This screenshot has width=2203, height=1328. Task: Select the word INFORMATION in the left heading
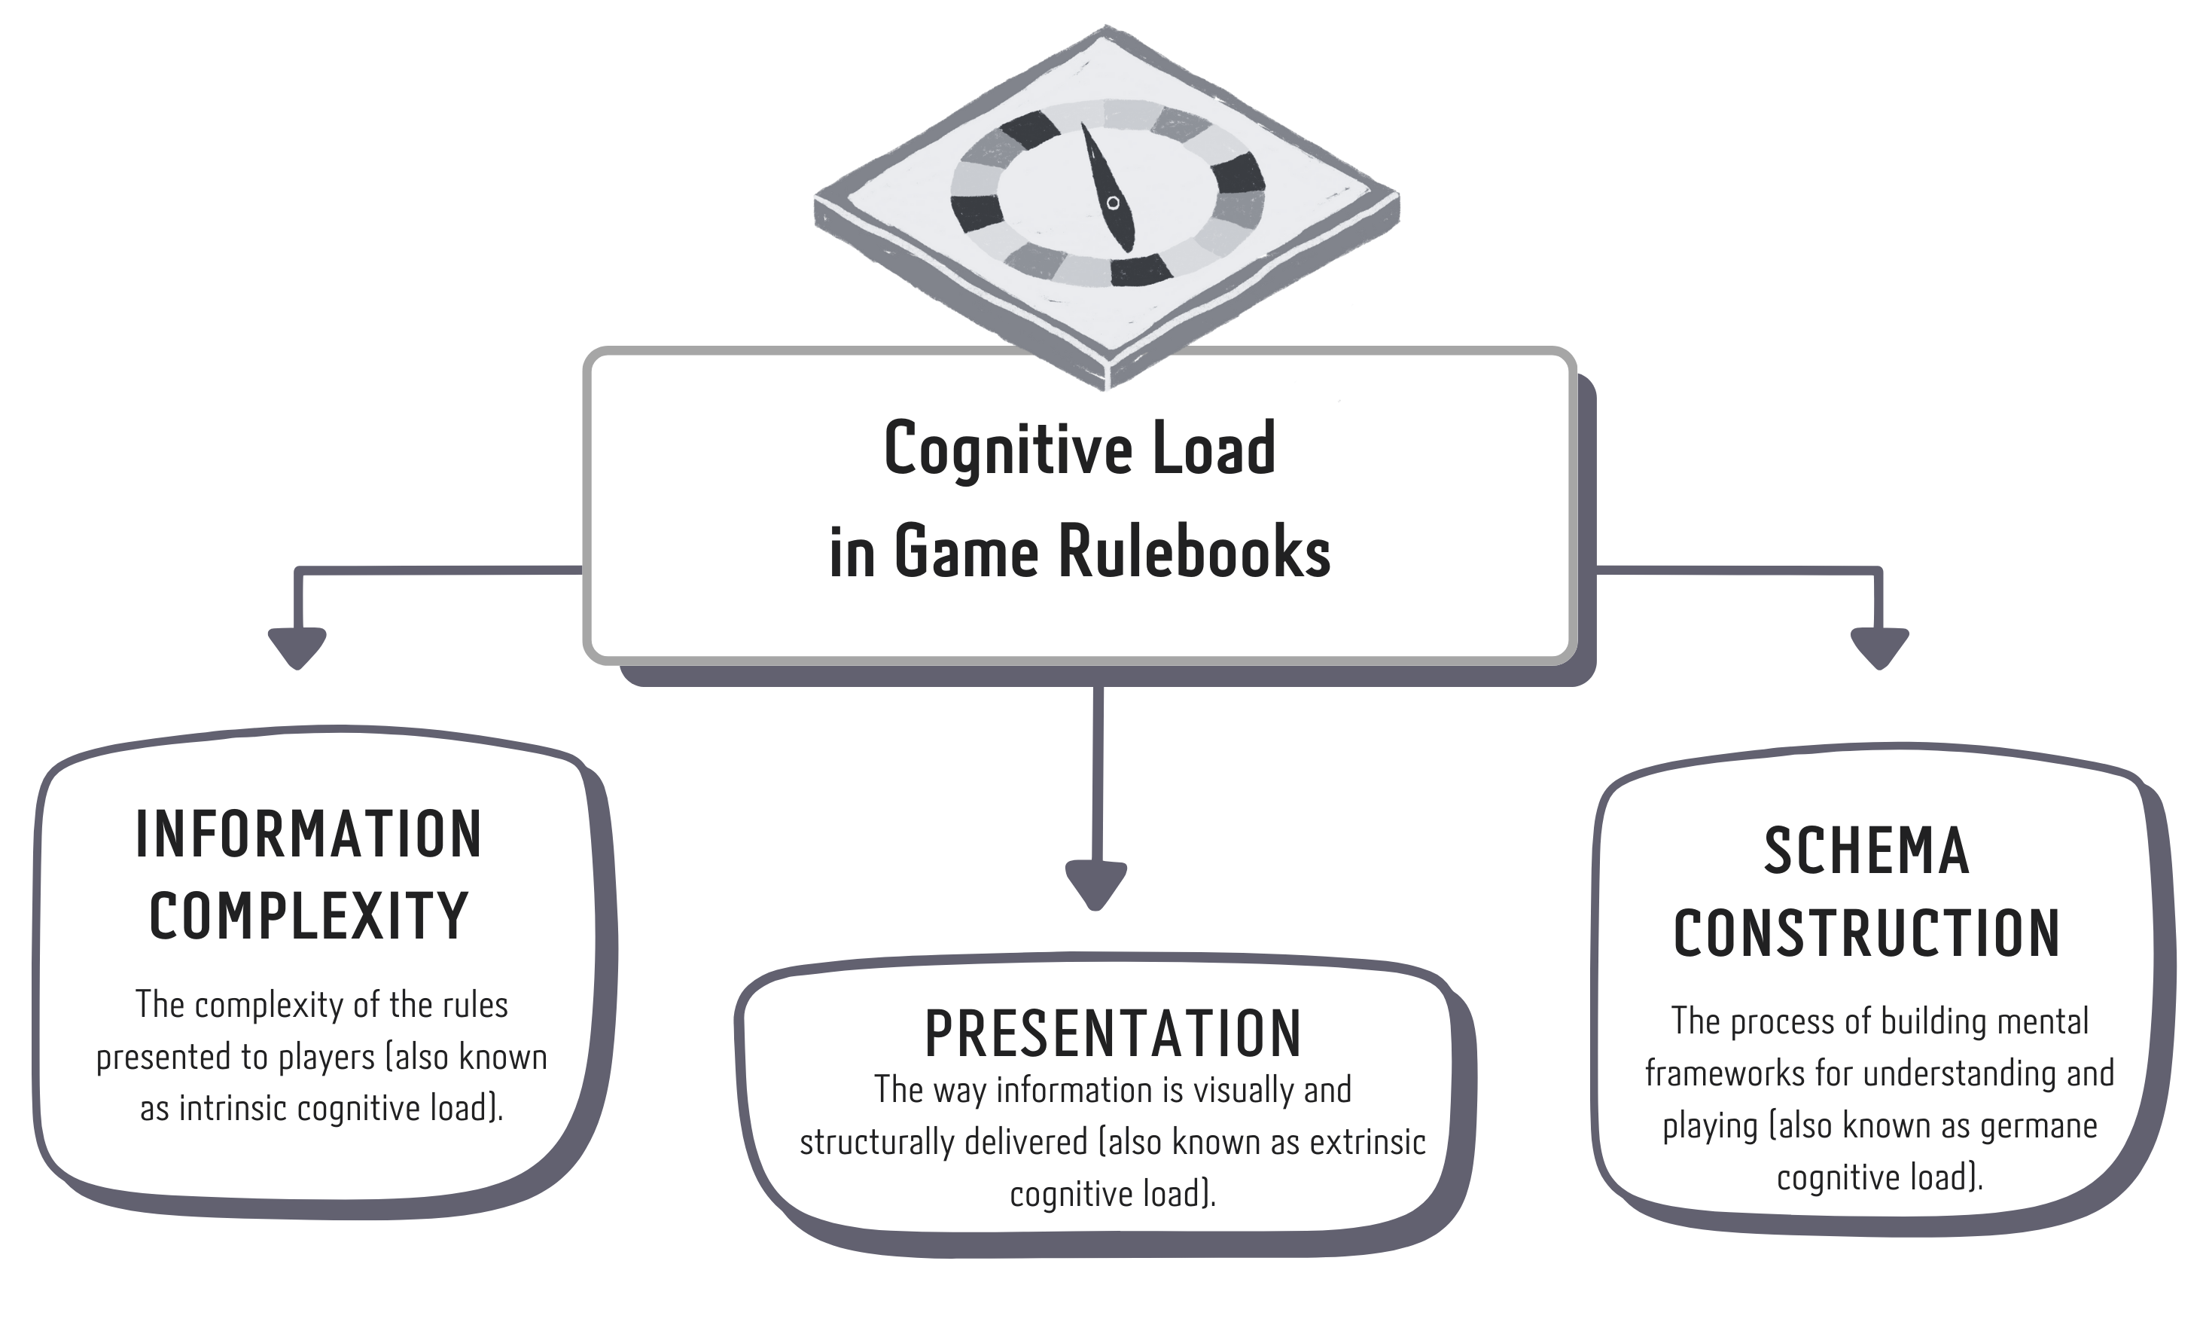point(309,835)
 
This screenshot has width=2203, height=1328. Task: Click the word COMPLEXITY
point(309,917)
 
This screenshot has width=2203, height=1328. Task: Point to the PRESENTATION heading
point(1112,1033)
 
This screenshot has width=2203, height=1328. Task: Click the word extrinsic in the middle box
point(1367,1143)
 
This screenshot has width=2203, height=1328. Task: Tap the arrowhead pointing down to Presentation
point(1096,884)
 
